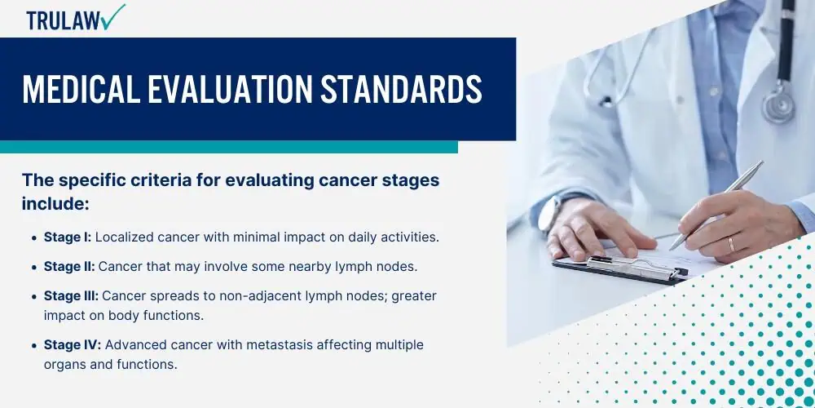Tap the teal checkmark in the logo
coord(114,16)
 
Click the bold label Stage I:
coord(68,237)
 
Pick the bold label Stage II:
coord(69,267)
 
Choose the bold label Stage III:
coord(71,296)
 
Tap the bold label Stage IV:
coord(73,345)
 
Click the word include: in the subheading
coord(56,204)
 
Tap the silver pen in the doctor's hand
coord(716,206)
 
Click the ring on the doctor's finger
coord(732,244)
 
